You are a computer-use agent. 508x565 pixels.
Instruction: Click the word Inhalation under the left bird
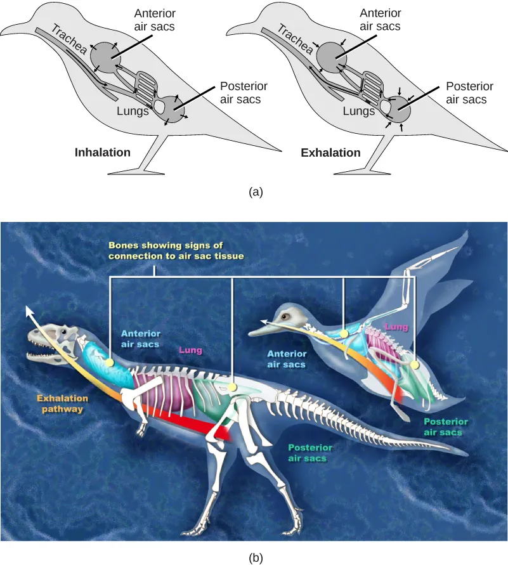103,153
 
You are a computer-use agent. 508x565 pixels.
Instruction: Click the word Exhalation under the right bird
330,153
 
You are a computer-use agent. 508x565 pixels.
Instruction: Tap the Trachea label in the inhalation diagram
67,39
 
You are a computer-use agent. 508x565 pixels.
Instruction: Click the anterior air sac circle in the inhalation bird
105,57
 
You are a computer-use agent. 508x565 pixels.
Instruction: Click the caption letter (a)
256,192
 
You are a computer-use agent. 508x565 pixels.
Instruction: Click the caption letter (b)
256,558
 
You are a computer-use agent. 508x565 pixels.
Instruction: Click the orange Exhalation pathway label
62,404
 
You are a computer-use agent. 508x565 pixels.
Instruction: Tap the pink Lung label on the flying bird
396,327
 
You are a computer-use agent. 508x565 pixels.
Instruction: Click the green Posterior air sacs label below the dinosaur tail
310,452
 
